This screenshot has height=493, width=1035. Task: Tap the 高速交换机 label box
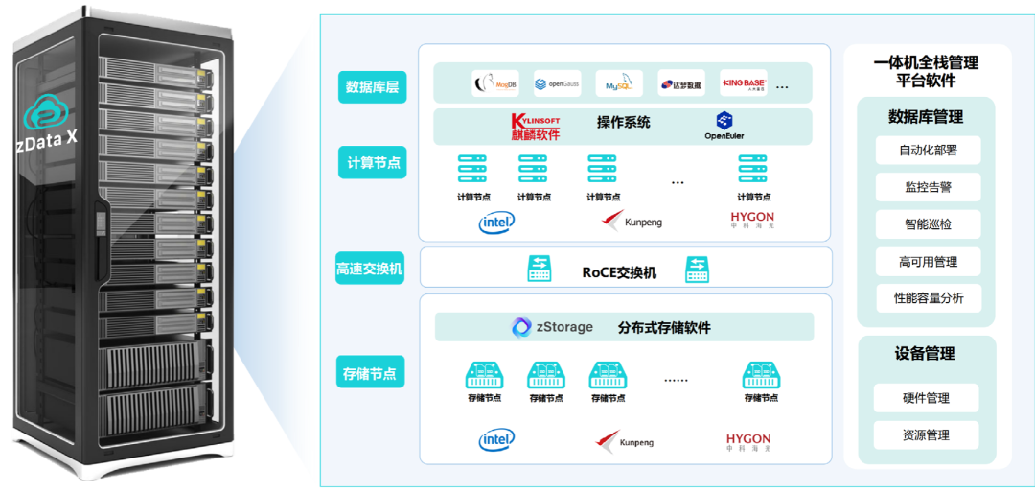(370, 270)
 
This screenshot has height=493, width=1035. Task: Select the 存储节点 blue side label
(370, 372)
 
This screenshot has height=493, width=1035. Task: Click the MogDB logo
(495, 84)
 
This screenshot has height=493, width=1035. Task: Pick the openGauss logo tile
(557, 84)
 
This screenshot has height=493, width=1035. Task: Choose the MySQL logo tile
(618, 84)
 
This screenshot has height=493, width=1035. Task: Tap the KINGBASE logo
(743, 84)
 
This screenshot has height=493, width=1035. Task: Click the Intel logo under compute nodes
(496, 223)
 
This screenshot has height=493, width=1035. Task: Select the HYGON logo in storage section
(748, 440)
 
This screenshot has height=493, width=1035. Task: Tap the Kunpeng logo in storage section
(628, 441)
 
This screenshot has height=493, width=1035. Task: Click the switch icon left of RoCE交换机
(540, 270)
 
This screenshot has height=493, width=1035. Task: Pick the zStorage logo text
(553, 327)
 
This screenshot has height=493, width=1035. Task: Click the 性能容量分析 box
(929, 298)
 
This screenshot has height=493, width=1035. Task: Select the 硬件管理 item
(926, 398)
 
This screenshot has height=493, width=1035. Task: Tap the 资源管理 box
(926, 435)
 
